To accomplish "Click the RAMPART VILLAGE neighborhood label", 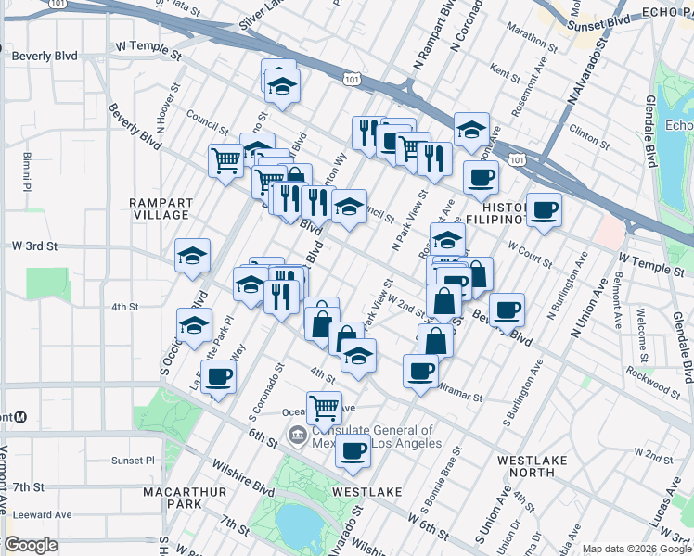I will (x=161, y=208).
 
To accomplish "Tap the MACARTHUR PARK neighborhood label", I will (x=173, y=496).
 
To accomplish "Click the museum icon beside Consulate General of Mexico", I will (x=298, y=433).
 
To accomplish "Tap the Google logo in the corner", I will (x=31, y=545).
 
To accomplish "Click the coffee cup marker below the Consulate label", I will (x=353, y=450).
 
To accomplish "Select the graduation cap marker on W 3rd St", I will (x=192, y=255).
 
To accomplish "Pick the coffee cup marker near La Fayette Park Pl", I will (x=218, y=375).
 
